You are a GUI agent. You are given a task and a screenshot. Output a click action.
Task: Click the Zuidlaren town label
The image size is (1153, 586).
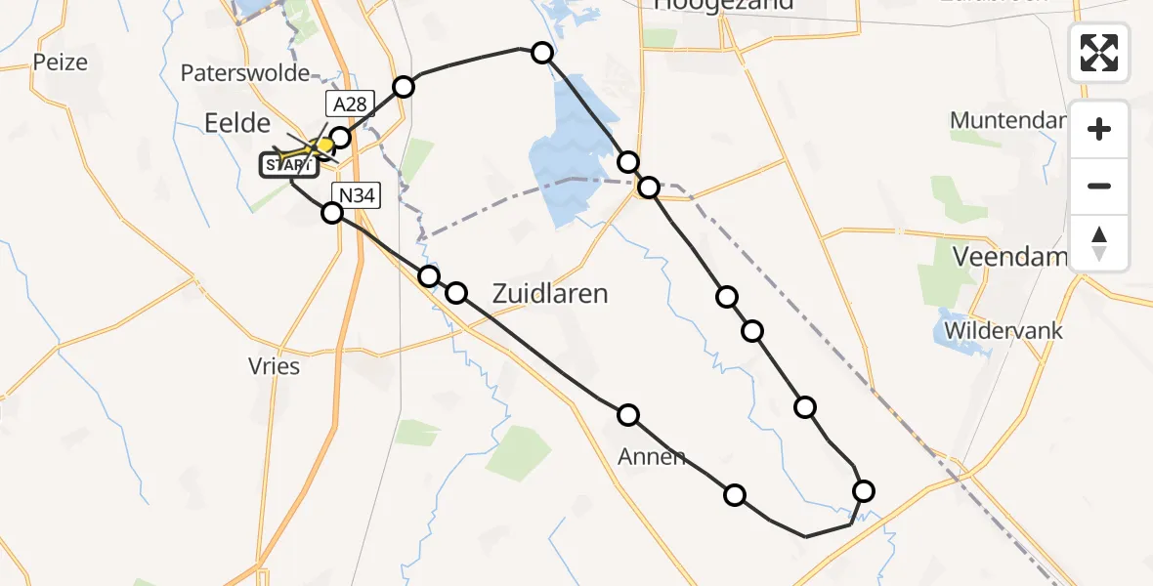coord(550,293)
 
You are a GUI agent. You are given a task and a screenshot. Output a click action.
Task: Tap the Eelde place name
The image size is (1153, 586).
coord(236,122)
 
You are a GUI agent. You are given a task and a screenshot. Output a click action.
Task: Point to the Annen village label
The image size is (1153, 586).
coord(652,456)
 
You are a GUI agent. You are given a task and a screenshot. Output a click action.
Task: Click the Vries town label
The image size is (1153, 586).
coord(274,367)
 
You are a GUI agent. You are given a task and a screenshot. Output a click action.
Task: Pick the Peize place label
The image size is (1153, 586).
coord(60,63)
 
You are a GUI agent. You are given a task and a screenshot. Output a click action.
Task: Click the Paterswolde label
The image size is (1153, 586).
coord(245,73)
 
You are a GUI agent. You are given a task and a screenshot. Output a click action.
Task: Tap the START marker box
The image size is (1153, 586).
coord(288,166)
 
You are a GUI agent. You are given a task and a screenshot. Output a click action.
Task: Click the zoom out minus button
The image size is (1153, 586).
coord(1099,186)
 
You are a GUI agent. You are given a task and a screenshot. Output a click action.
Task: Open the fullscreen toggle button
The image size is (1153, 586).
coord(1099,53)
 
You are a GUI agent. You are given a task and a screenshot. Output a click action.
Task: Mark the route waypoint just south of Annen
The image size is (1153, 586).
coord(735,495)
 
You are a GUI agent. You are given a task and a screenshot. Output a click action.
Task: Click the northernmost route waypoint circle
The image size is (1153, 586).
coord(542,53)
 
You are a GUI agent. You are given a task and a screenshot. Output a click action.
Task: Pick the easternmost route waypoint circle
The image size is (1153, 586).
coord(864,491)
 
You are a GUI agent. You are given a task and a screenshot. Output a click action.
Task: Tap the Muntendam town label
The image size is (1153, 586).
coord(1006,121)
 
